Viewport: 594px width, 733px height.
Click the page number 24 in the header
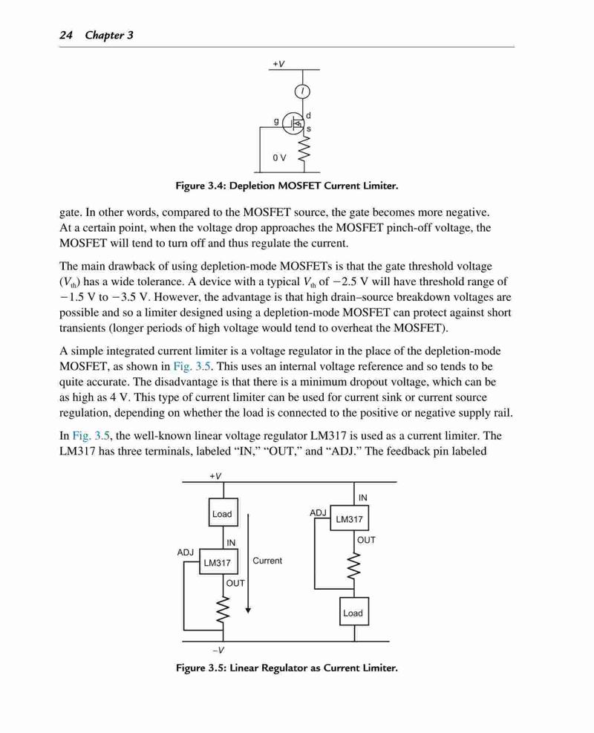click(x=66, y=35)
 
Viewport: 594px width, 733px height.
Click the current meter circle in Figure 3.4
click(x=302, y=91)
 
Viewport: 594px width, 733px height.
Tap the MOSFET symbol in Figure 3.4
click(x=294, y=123)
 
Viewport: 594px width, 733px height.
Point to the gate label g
click(x=276, y=121)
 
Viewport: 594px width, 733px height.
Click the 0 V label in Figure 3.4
click(x=279, y=157)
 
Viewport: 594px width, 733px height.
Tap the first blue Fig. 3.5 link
click(x=192, y=366)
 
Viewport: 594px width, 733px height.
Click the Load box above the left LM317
click(x=223, y=513)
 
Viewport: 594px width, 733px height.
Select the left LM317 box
click(x=218, y=562)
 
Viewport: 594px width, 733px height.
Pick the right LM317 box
click(x=349, y=518)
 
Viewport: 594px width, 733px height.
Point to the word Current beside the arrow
click(x=267, y=561)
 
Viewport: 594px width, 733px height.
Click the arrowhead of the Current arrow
click(x=248, y=610)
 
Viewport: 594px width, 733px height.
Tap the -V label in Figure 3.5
click(x=218, y=650)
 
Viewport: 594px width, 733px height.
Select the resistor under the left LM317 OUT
click(x=223, y=609)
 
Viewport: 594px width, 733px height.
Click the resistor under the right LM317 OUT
click(x=354, y=566)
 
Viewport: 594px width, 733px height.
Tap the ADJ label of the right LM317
click(x=318, y=512)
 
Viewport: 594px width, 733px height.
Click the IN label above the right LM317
click(x=362, y=498)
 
